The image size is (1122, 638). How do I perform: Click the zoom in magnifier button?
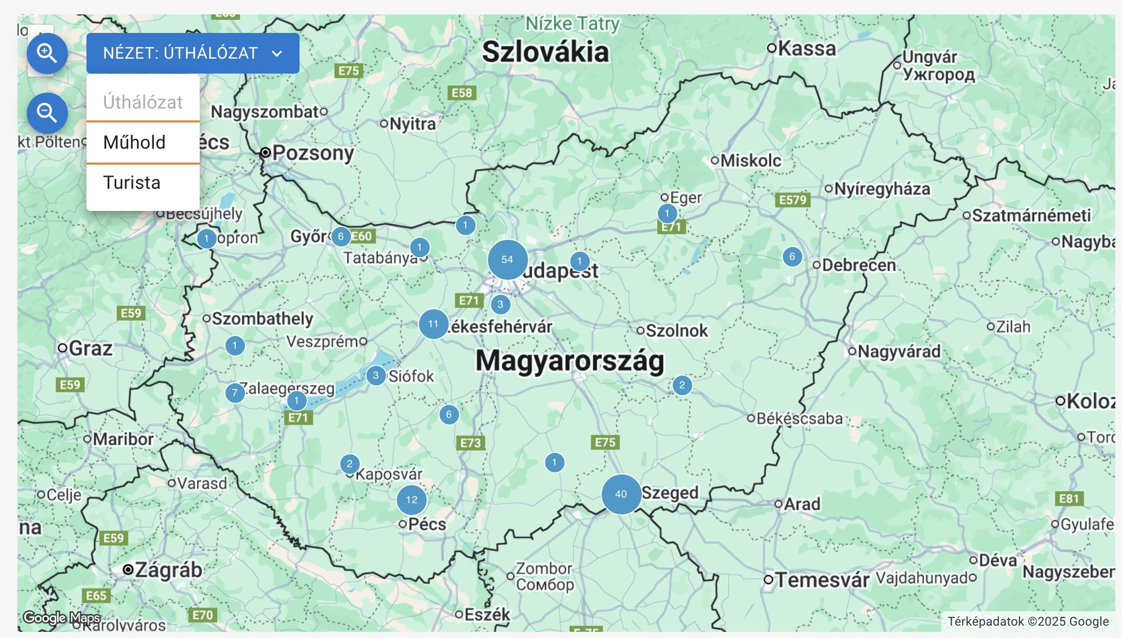47,53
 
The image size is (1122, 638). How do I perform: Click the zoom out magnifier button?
47,113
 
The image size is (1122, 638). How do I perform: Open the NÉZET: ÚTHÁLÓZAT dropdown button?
192,53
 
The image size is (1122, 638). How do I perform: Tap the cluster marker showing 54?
507,260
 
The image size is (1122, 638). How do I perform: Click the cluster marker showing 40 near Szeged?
621,494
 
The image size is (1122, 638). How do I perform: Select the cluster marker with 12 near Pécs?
412,500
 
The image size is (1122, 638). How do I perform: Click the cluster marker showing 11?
433,324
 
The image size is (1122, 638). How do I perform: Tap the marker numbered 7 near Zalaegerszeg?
235,393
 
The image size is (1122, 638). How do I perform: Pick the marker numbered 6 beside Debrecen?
792,257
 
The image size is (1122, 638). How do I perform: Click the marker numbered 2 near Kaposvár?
350,464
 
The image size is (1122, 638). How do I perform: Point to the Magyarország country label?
570,361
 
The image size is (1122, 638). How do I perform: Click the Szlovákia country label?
545,52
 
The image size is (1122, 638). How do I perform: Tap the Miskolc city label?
750,161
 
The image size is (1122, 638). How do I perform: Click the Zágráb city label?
168,570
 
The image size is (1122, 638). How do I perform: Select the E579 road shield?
793,200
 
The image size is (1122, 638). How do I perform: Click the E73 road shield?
470,443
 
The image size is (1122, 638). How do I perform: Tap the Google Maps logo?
62,617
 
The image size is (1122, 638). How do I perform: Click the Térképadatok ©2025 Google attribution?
1028,622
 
